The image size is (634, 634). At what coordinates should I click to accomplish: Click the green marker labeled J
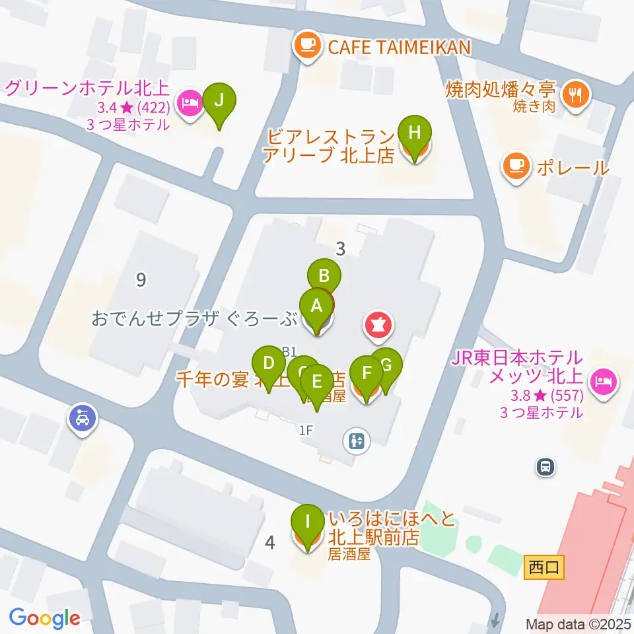(x=219, y=101)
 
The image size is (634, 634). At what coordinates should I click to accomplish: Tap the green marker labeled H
(x=414, y=132)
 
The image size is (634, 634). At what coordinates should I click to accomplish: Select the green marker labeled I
(x=307, y=520)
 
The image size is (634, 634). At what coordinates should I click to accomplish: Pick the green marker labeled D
(x=269, y=363)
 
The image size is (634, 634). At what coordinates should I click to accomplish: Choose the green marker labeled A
(x=316, y=306)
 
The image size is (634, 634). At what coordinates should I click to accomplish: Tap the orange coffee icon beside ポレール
(x=516, y=166)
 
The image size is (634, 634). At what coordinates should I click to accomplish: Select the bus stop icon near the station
(x=546, y=468)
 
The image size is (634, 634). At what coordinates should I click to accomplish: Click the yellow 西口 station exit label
(x=545, y=567)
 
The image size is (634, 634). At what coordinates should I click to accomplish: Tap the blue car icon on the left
(x=83, y=418)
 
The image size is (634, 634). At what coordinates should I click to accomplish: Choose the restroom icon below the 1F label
(x=358, y=440)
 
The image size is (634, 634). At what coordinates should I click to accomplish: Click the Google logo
(x=45, y=618)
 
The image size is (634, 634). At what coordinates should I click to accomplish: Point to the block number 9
(x=141, y=280)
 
